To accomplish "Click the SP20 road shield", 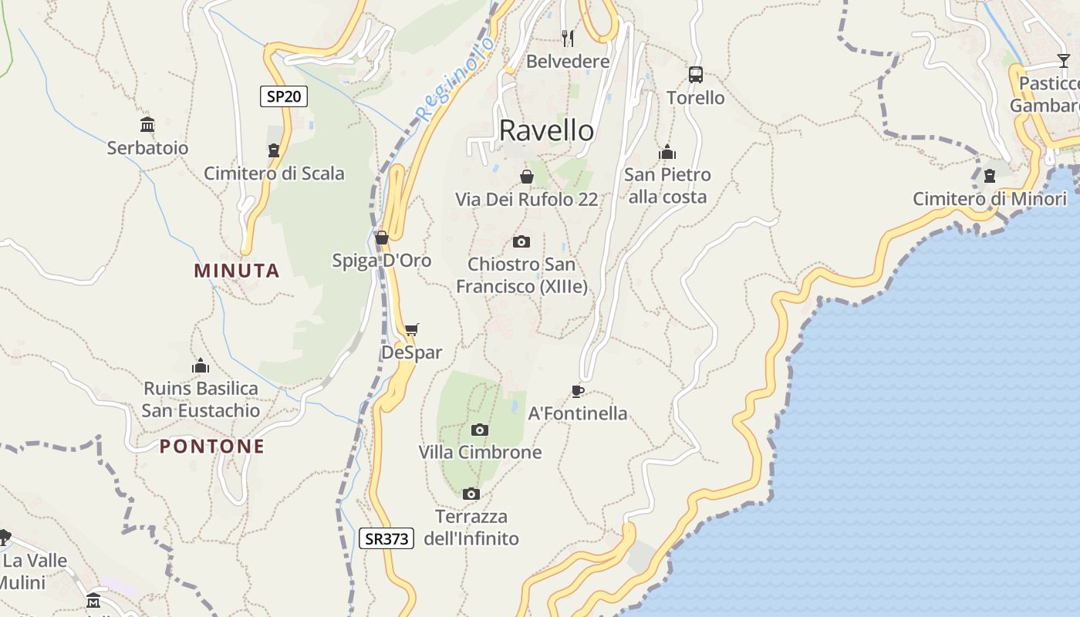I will coord(283,96).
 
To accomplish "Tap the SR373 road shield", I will coord(386,538).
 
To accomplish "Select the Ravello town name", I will coord(546,130).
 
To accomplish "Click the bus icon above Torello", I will coord(695,75).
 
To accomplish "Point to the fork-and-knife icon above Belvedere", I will coord(568,38).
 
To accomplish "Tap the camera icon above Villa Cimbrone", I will coord(479,430).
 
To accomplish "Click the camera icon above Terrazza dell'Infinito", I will coord(471,494).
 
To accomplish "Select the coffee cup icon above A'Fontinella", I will coord(577,391).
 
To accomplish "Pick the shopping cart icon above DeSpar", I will coord(411,330).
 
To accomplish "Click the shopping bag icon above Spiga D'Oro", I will coord(381,238).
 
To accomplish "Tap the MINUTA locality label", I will coord(237,271).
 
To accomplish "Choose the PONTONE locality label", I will coord(212,447).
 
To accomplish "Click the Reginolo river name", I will coord(455,81).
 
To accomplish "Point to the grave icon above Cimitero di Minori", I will coord(989,177).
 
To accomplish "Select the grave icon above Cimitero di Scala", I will coord(273,150).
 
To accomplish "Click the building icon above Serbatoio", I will coord(147,125).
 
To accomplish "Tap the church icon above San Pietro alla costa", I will coord(667,152).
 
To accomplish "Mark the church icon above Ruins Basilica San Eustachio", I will coord(201,365).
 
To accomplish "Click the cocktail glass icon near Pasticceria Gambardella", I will coord(1063,60).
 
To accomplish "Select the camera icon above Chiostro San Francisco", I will coord(521,241).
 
